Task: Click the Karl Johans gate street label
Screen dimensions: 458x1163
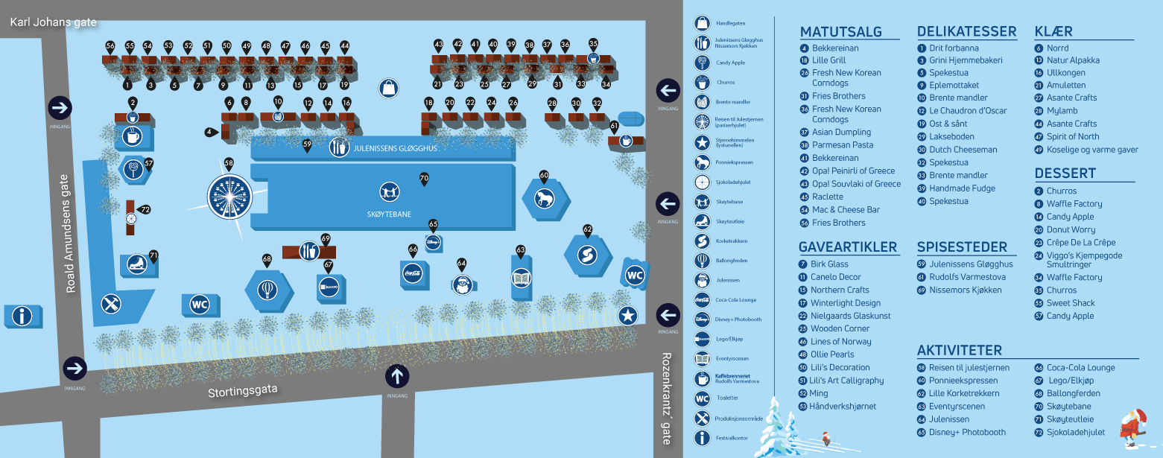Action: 54,22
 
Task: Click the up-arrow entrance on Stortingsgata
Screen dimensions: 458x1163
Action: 397,376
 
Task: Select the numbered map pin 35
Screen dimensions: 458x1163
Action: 593,44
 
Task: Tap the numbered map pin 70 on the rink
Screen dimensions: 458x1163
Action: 424,179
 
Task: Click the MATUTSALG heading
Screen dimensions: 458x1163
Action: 840,32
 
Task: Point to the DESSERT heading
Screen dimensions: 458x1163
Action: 1065,174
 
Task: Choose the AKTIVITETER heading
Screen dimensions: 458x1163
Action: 959,351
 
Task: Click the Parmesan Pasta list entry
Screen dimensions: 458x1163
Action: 842,145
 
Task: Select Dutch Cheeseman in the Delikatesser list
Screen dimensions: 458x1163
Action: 963,150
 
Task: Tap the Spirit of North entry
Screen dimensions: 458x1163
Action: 1072,136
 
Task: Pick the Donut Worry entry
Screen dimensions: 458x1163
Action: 1071,230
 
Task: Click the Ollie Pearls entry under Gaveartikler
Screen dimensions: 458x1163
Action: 832,354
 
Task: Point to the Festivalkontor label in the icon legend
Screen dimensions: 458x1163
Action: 731,438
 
